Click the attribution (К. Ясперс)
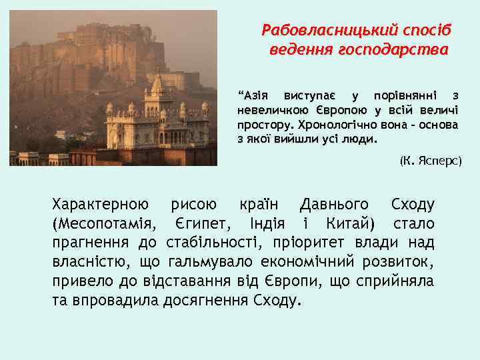coord(430,161)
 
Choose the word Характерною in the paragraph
coord(100,204)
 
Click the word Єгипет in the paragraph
coord(198,223)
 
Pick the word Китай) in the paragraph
coord(350,223)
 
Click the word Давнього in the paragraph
coord(335,204)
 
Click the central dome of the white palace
coord(157,85)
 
